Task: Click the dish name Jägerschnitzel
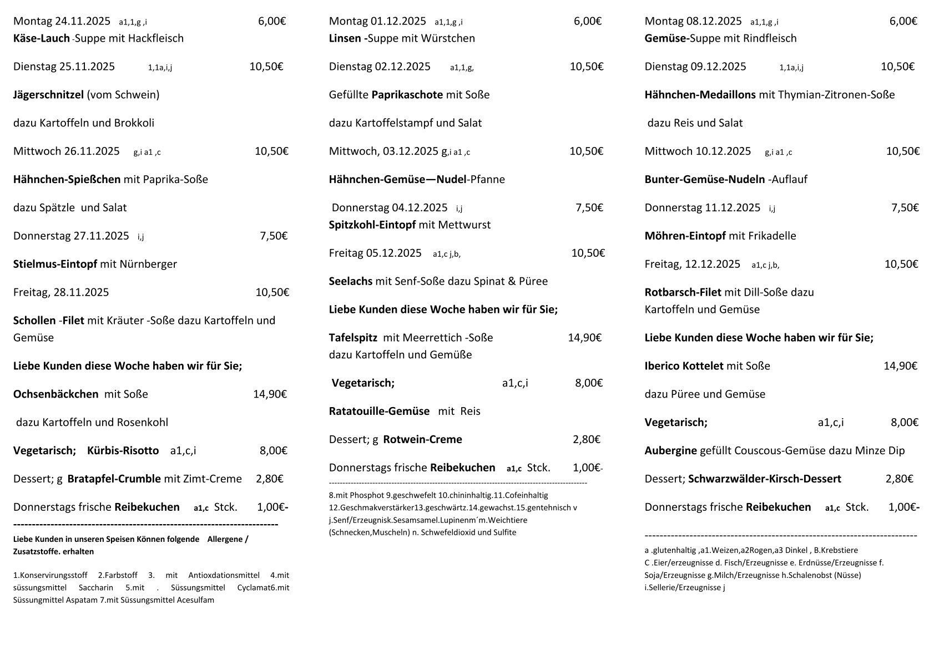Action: [48, 95]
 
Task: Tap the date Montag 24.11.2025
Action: [62, 22]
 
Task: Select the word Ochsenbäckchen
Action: [55, 394]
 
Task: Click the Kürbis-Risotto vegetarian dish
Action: [123, 450]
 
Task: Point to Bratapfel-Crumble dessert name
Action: [114, 479]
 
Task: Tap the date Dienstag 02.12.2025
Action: [380, 67]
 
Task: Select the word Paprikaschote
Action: [407, 95]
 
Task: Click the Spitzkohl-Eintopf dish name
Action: [372, 225]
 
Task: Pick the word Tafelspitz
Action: [353, 338]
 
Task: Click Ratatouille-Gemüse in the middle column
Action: [379, 411]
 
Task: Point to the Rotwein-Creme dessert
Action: [422, 439]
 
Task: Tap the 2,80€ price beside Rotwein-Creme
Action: [586, 439]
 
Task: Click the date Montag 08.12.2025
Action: [693, 22]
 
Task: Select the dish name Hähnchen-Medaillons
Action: [700, 95]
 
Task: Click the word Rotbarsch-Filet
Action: [683, 292]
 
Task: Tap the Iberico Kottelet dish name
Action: [684, 366]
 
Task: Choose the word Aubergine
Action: [670, 450]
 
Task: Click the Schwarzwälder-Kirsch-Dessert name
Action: [764, 479]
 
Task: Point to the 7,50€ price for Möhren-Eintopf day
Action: [905, 208]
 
